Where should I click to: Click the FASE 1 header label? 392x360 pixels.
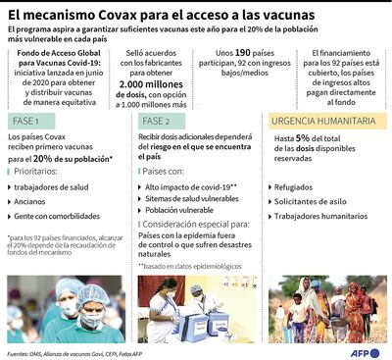(x=30, y=120)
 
